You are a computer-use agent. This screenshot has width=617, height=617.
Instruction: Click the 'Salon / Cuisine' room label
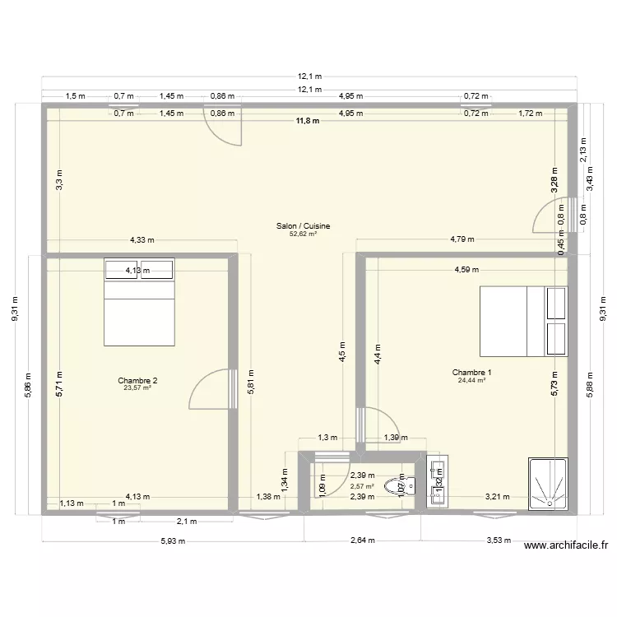tap(304, 225)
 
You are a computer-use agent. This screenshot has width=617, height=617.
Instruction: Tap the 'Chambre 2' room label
tap(137, 380)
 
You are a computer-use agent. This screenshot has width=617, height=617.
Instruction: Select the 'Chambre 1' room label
tap(471, 373)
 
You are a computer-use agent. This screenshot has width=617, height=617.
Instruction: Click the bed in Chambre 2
tap(139, 303)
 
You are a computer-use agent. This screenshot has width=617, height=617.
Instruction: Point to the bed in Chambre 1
tap(523, 321)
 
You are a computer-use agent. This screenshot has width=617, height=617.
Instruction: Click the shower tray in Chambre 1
tap(547, 485)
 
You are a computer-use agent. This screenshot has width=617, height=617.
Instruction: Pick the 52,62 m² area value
tap(304, 234)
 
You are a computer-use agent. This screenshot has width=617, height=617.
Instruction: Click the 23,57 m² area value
tap(137, 387)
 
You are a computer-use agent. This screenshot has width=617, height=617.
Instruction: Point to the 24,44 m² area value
tap(471, 380)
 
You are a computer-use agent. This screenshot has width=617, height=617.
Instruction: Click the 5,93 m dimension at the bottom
tap(174, 540)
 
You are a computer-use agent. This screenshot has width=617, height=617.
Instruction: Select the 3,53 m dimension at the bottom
tap(498, 540)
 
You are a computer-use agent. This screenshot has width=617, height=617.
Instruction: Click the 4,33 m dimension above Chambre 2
tap(142, 240)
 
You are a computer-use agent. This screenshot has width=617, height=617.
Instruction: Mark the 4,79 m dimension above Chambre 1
tap(462, 240)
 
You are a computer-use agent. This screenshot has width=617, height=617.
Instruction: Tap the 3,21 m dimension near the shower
tap(498, 496)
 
